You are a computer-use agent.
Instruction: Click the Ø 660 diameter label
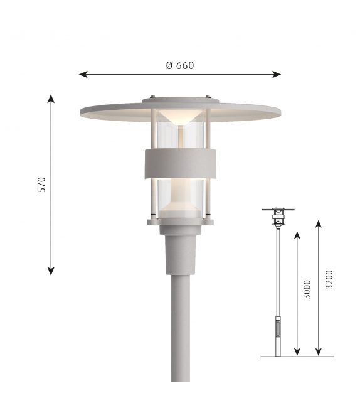point(179,65)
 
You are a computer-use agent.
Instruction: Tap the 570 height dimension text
point(42,185)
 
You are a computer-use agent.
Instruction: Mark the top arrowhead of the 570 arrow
point(51,98)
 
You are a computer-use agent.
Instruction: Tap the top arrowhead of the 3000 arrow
point(297,234)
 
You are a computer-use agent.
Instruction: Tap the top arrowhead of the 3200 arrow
point(319,223)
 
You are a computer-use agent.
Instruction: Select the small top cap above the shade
point(179,99)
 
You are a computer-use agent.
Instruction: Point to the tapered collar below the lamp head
point(179,251)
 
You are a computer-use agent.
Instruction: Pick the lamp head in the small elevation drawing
point(277,217)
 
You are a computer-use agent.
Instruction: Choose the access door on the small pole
point(277,328)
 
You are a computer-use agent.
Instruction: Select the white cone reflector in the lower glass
point(179,204)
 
